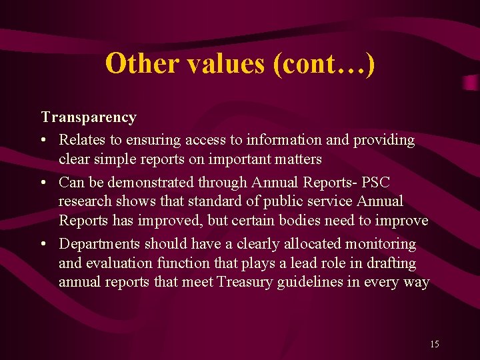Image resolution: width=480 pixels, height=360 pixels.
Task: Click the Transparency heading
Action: (x=89, y=117)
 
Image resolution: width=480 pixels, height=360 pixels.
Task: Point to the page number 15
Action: (x=435, y=344)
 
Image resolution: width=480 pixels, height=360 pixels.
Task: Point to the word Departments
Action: (x=99, y=244)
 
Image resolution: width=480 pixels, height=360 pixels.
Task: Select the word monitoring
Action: (x=382, y=244)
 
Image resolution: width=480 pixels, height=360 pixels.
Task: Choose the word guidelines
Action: (x=315, y=281)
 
